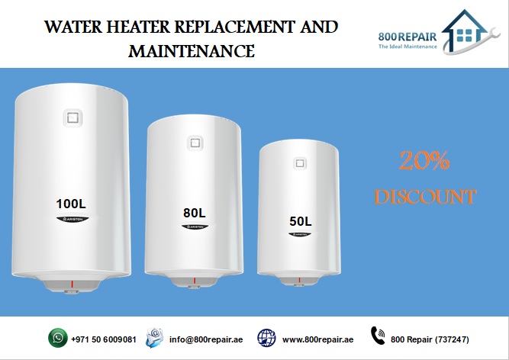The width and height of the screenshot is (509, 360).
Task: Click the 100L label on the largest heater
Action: coord(73,204)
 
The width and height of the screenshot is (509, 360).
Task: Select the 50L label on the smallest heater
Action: coord(300,221)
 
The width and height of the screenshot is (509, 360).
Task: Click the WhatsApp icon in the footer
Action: coord(57,338)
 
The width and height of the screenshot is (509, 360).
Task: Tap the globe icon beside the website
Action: coord(266,338)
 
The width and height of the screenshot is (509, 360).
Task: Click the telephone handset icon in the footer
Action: coord(378,337)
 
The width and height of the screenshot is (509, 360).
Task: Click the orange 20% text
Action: coord(425,162)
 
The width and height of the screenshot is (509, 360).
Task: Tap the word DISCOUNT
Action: coord(425,197)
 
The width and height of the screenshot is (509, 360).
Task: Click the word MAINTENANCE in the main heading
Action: coord(191,52)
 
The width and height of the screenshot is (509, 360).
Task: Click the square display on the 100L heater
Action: coord(72,118)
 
